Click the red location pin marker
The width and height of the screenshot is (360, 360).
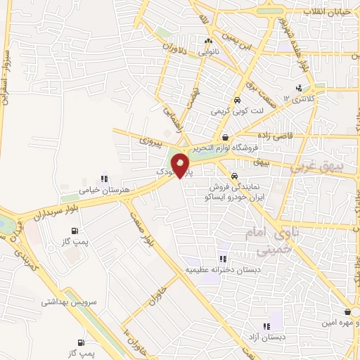pos(182,166)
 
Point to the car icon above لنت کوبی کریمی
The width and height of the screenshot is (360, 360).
pos(238,100)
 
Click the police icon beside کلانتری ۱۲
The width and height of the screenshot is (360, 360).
pos(299,88)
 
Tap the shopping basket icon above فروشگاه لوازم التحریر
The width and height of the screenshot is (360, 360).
pos(225,137)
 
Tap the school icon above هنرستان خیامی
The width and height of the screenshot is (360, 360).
pos(105,179)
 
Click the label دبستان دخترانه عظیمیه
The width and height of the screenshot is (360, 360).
pos(222,270)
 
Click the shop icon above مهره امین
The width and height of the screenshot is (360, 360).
pos(347,311)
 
